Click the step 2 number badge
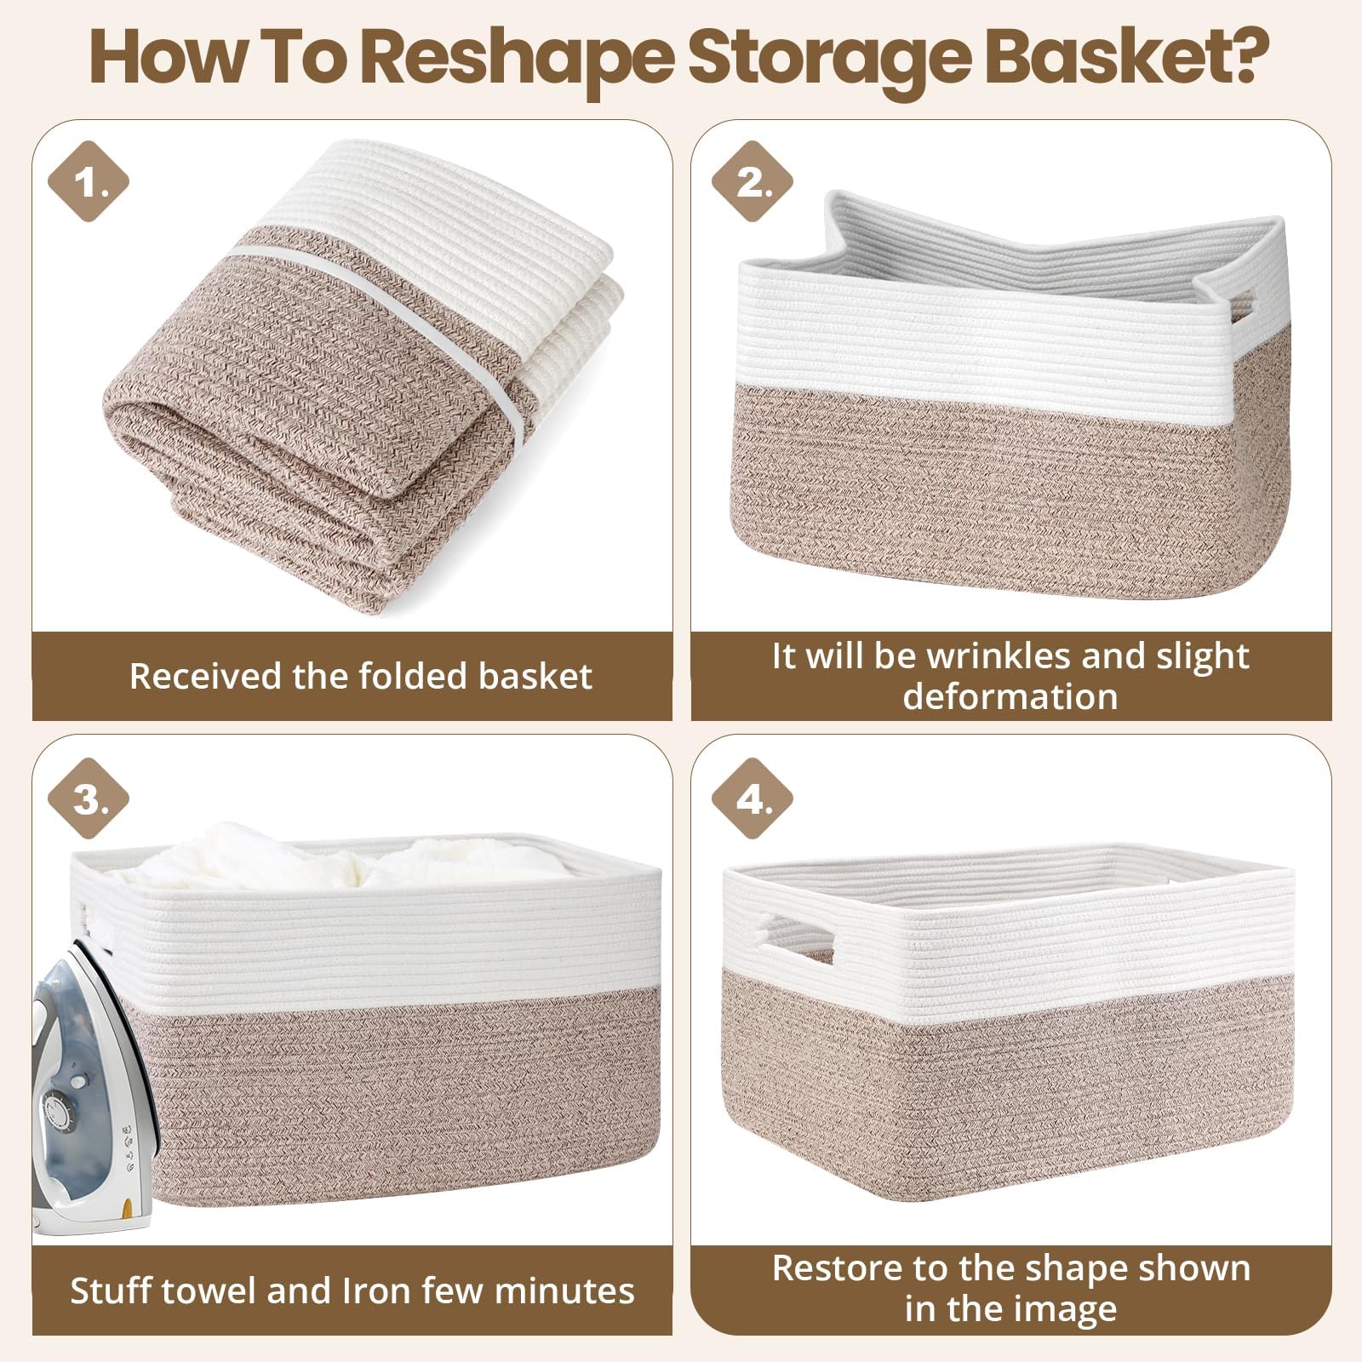click(x=752, y=181)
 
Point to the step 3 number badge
click(x=88, y=799)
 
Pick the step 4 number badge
click(x=752, y=798)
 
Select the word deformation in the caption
click(x=1010, y=697)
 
